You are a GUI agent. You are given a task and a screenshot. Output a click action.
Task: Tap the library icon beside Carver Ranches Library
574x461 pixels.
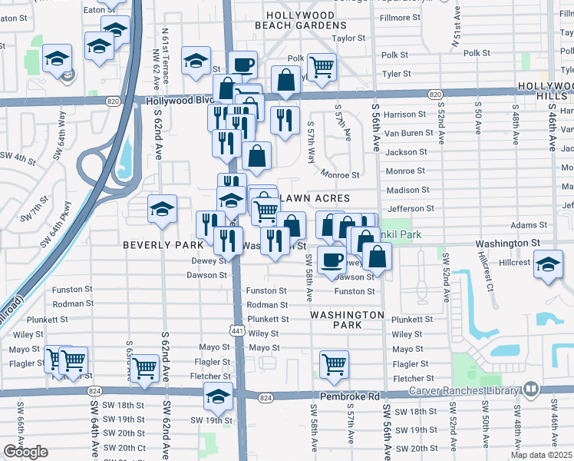coord(529,390)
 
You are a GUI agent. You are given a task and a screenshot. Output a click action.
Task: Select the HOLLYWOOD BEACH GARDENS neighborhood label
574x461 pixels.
coord(299,21)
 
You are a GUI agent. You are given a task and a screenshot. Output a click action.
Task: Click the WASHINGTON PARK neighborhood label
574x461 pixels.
coord(347,320)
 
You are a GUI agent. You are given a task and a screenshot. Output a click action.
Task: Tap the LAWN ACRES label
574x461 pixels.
coord(311,199)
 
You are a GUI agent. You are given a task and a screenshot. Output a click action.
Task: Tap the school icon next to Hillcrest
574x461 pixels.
coord(548,264)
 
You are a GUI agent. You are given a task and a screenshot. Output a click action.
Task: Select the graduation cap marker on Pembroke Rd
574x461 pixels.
coord(218,396)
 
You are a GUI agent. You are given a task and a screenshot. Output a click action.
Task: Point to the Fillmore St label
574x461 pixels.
coord(407,17)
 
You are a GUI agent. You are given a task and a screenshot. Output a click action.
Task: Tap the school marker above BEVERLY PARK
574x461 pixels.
coord(162,210)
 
